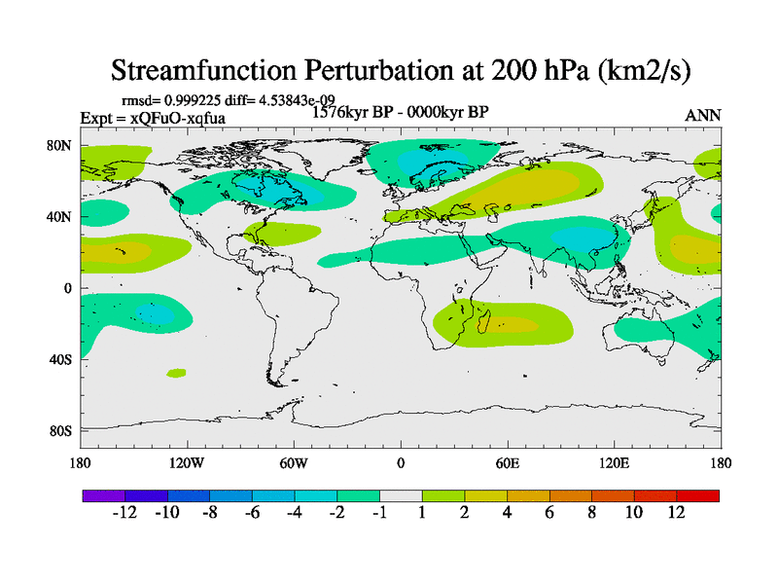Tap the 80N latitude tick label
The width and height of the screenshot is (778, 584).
(63, 146)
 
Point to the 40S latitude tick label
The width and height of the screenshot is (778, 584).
(63, 359)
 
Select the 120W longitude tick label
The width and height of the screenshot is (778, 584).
(187, 462)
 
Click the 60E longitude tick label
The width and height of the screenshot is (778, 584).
(507, 462)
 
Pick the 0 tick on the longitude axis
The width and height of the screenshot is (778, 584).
(401, 462)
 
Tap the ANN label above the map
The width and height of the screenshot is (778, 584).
(703, 115)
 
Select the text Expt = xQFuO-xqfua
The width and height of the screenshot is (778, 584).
(153, 117)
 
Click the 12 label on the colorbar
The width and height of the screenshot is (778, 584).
(676, 513)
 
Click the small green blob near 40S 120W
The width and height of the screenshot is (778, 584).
(176, 373)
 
